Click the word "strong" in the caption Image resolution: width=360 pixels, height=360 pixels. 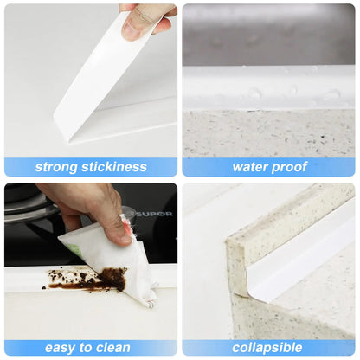[x=56, y=167]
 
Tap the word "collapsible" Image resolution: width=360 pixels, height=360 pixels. [x=267, y=348]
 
